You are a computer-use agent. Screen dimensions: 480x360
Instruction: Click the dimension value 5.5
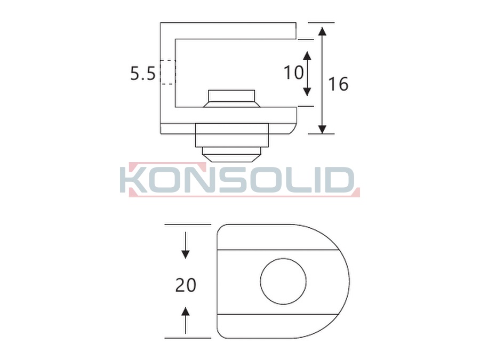pyautogui.click(x=142, y=74)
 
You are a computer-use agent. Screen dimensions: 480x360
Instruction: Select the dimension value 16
pyautogui.click(x=338, y=84)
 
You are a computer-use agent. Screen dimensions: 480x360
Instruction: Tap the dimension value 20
pyautogui.click(x=186, y=285)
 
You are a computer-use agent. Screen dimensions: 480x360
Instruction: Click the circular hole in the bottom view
pyautogui.click(x=284, y=281)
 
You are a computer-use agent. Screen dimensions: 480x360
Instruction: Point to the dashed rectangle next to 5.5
pyautogui.click(x=168, y=72)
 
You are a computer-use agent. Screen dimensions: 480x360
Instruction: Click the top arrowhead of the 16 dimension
pyautogui.click(x=322, y=31)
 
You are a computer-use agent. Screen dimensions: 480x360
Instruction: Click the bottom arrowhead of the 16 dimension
pyautogui.click(x=322, y=130)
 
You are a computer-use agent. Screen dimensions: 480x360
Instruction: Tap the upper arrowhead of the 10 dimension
pyautogui.click(x=307, y=55)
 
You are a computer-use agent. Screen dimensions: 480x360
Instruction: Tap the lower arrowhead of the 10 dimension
pyautogui.click(x=307, y=92)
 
